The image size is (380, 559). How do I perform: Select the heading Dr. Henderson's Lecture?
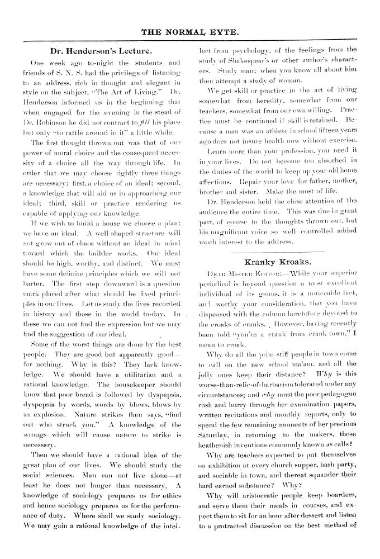pyautogui.click(x=106, y=51)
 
